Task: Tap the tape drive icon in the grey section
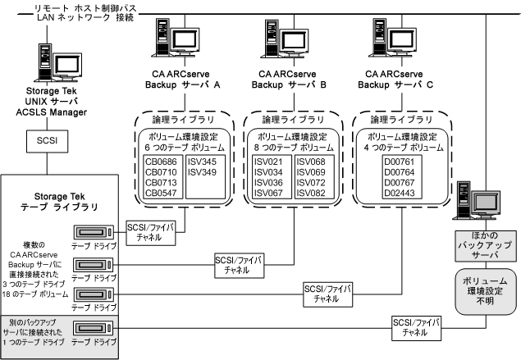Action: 94,330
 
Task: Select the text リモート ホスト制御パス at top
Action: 81,7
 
